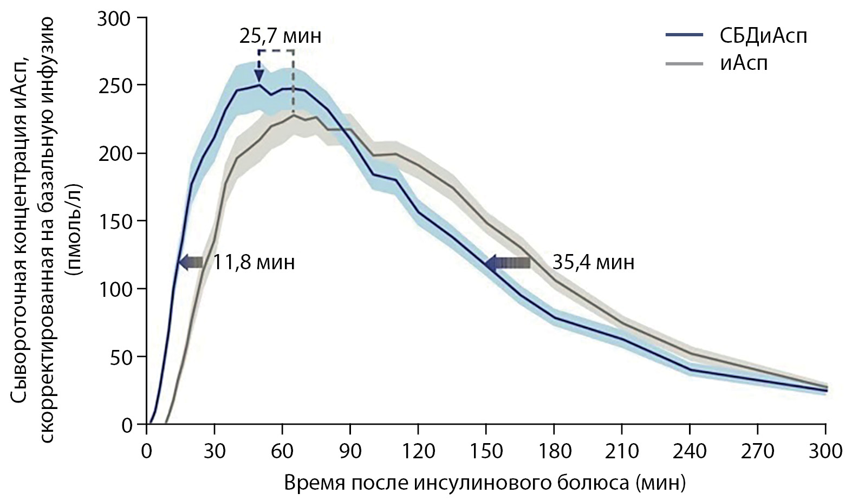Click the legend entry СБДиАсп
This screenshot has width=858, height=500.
pyautogui.click(x=763, y=37)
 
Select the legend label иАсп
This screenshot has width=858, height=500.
pyautogui.click(x=743, y=63)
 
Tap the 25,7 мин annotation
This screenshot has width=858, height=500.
pyautogui.click(x=280, y=36)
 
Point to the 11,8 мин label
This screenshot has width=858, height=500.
pyautogui.click(x=253, y=263)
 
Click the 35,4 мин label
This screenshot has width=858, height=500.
pyautogui.click(x=593, y=263)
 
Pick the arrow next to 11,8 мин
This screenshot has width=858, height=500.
pyautogui.click(x=191, y=263)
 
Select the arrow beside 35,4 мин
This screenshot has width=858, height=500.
pyautogui.click(x=508, y=263)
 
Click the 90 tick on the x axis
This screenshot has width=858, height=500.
pyautogui.click(x=350, y=451)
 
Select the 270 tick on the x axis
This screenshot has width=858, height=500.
pyautogui.click(x=757, y=451)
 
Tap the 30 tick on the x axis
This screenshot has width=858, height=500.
pyautogui.click(x=214, y=451)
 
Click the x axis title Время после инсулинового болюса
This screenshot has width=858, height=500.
pyautogui.click(x=484, y=482)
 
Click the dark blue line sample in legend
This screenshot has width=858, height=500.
pyautogui.click(x=685, y=36)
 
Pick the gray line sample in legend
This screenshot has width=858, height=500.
pyautogui.click(x=685, y=64)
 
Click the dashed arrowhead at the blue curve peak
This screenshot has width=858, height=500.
pyautogui.click(x=259, y=77)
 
